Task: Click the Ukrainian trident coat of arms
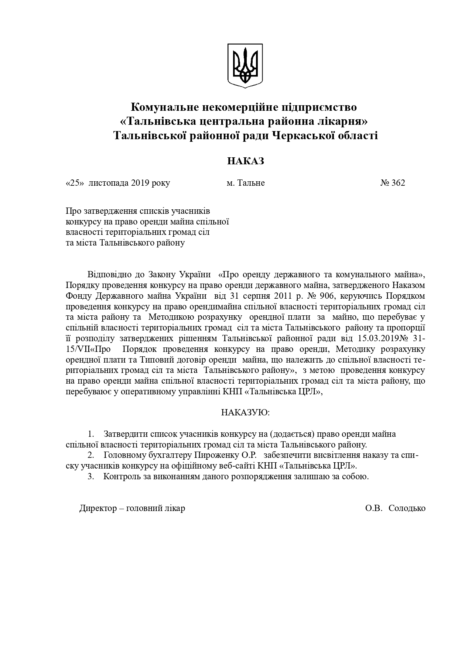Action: [245, 65]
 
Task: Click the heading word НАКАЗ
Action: [245, 161]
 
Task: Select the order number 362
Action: [398, 183]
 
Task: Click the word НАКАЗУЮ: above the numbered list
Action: [245, 412]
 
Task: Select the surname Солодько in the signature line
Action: [407, 508]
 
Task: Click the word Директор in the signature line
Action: [97, 508]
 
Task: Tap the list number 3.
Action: [90, 477]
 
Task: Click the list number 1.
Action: [90, 434]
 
